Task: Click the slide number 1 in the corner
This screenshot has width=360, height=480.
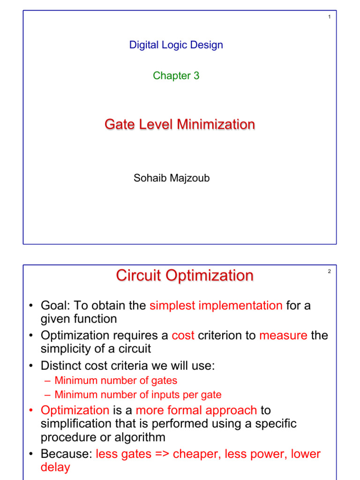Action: click(x=329, y=17)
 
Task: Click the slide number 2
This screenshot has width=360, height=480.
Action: click(x=329, y=271)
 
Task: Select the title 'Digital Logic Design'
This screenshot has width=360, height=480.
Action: click(x=176, y=45)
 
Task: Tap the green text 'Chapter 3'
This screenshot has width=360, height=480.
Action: click(x=176, y=75)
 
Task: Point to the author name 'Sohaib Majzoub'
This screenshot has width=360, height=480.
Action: click(x=172, y=178)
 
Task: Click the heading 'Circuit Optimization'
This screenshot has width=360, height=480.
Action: click(x=185, y=276)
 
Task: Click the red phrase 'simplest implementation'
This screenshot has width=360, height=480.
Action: click(x=216, y=306)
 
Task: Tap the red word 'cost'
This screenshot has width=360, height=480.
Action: click(x=183, y=336)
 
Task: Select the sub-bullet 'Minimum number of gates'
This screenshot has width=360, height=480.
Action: click(x=116, y=381)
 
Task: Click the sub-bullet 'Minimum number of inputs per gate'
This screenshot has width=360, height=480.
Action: click(x=138, y=395)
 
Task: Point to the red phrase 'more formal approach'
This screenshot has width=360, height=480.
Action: click(x=196, y=411)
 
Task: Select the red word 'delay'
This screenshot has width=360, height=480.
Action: click(x=55, y=467)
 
